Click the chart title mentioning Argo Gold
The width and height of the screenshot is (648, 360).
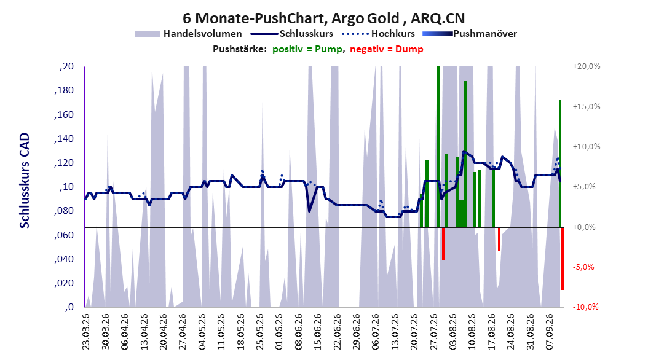pyautogui.click(x=323, y=18)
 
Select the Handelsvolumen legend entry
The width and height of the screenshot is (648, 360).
pyautogui.click(x=188, y=34)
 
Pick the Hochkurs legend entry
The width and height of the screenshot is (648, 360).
pyautogui.click(x=379, y=34)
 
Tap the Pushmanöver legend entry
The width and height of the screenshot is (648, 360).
pyautogui.click(x=470, y=34)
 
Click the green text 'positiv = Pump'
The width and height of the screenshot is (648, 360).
pyautogui.click(x=307, y=49)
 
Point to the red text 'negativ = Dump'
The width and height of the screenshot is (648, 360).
pyautogui.click(x=387, y=49)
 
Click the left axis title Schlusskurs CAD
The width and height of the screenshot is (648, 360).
pyautogui.click(x=25, y=181)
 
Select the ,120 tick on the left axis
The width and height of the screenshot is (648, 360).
pyautogui.click(x=64, y=163)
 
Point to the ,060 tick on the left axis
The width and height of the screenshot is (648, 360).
pyautogui.click(x=64, y=235)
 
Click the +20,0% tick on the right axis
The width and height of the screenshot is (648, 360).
pyautogui.click(x=587, y=66)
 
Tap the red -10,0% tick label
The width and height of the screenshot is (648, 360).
pyautogui.click(x=585, y=307)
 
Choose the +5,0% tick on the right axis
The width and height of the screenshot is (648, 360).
pyautogui.click(x=584, y=187)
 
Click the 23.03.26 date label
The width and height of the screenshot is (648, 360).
pyautogui.click(x=85, y=332)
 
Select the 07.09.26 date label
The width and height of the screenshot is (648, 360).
pyautogui.click(x=550, y=332)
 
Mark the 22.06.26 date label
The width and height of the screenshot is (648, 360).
pyautogui.click(x=337, y=332)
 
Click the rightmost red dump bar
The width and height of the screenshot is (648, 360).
pyautogui.click(x=563, y=259)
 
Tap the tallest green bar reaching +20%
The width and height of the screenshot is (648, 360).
pyautogui.click(x=438, y=147)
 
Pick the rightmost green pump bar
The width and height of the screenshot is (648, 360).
pyautogui.click(x=560, y=163)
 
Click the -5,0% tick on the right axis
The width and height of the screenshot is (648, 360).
pyautogui.click(x=583, y=267)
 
